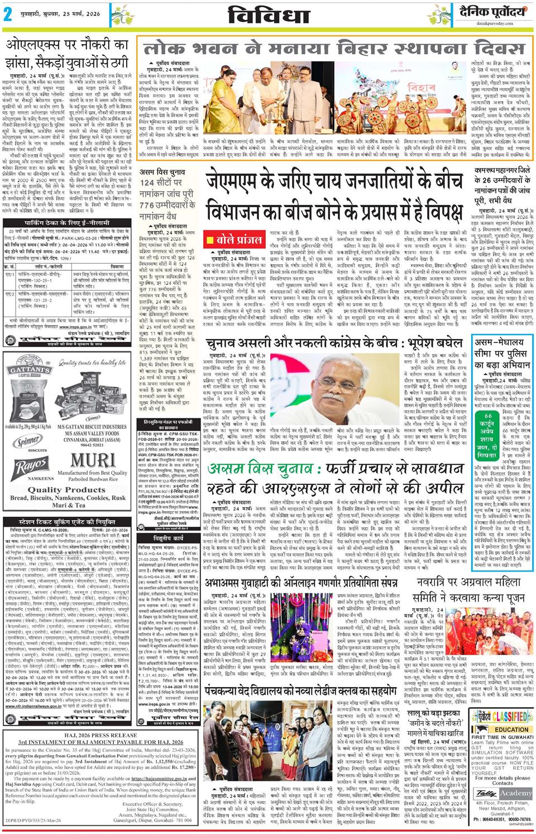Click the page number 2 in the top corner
(x=8, y=15)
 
